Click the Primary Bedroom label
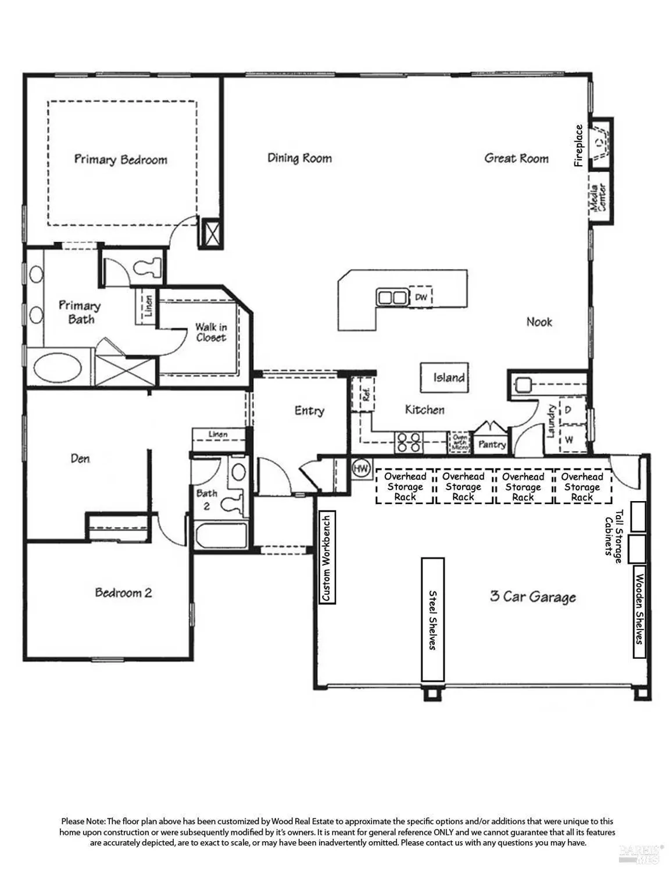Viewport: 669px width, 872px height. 120,159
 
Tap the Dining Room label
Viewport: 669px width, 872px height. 299,158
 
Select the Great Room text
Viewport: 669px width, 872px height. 516,158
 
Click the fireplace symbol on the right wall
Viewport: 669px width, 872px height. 600,141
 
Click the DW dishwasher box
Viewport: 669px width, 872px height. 421,297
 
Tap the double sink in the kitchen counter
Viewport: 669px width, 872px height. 392,298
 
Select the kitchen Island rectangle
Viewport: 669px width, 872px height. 445,378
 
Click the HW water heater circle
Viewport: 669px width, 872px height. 361,468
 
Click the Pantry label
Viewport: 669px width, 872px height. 492,445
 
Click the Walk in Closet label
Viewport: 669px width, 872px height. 210,333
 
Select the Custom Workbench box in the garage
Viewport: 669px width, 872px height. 327,557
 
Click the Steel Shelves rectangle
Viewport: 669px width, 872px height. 432,620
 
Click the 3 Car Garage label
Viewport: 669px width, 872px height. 532,597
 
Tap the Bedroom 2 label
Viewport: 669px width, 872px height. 123,593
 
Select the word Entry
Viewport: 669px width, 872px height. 309,411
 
